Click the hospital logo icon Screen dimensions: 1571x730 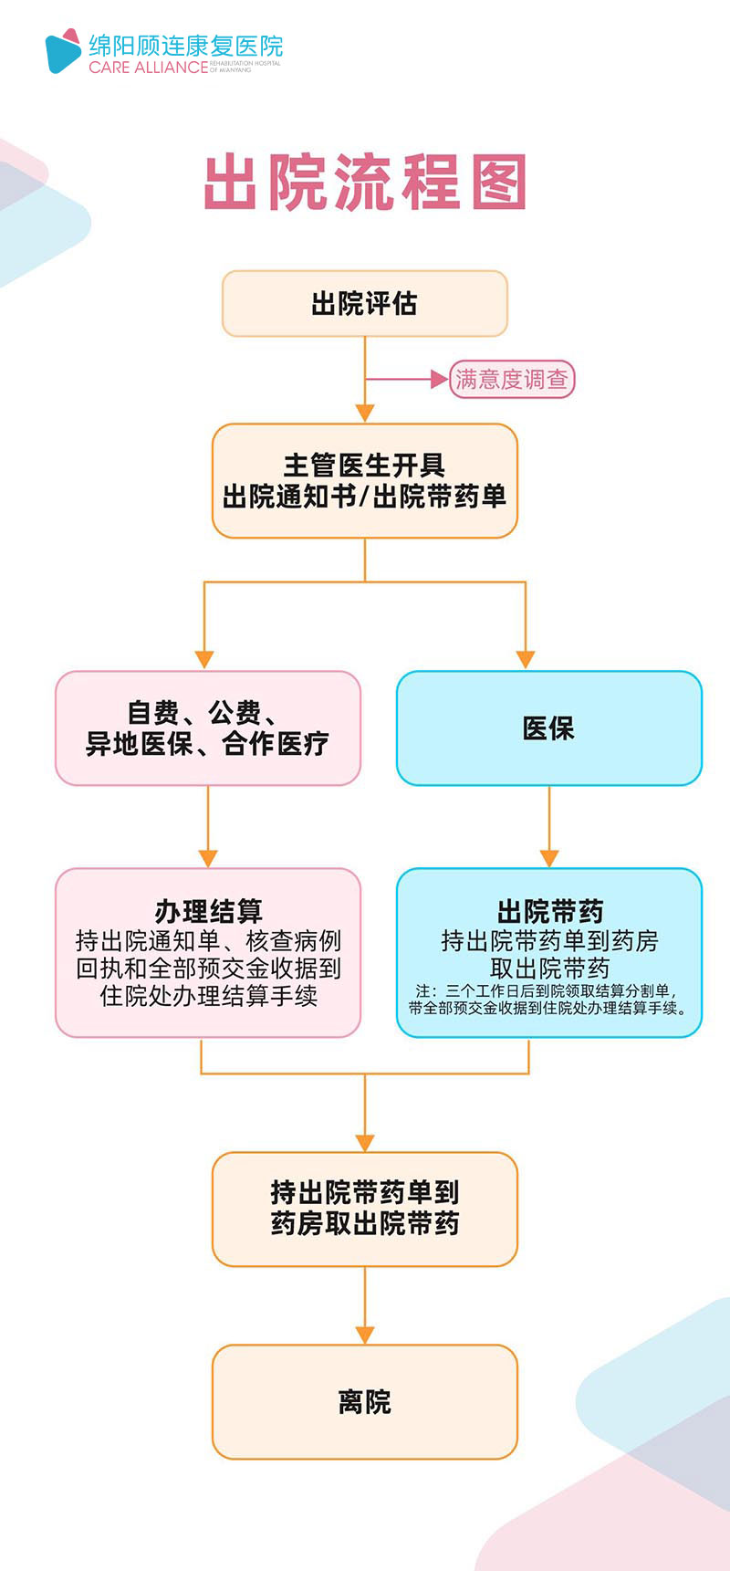63,51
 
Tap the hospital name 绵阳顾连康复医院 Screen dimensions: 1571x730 185,46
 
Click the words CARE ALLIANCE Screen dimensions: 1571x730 148,68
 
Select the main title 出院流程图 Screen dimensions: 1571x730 365,183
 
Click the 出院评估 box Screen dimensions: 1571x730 365,303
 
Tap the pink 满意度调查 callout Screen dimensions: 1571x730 512,379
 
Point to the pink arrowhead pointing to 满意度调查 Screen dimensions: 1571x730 439,379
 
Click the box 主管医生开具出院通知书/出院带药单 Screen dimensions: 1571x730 365,481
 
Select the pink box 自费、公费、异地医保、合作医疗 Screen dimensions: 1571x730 208,728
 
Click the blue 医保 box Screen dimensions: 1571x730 548,728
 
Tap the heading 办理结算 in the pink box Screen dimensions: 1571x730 208,911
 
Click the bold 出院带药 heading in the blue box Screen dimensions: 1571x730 549,911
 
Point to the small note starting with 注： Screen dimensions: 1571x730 548,1000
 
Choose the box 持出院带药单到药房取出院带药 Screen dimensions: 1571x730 365,1208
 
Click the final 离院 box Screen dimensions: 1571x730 365,1401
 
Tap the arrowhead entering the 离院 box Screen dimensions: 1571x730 365,1335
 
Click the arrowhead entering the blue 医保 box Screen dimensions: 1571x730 526,659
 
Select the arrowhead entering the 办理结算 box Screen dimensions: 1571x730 208,858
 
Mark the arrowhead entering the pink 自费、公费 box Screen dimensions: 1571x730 204,659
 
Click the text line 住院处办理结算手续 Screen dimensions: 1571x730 208,996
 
